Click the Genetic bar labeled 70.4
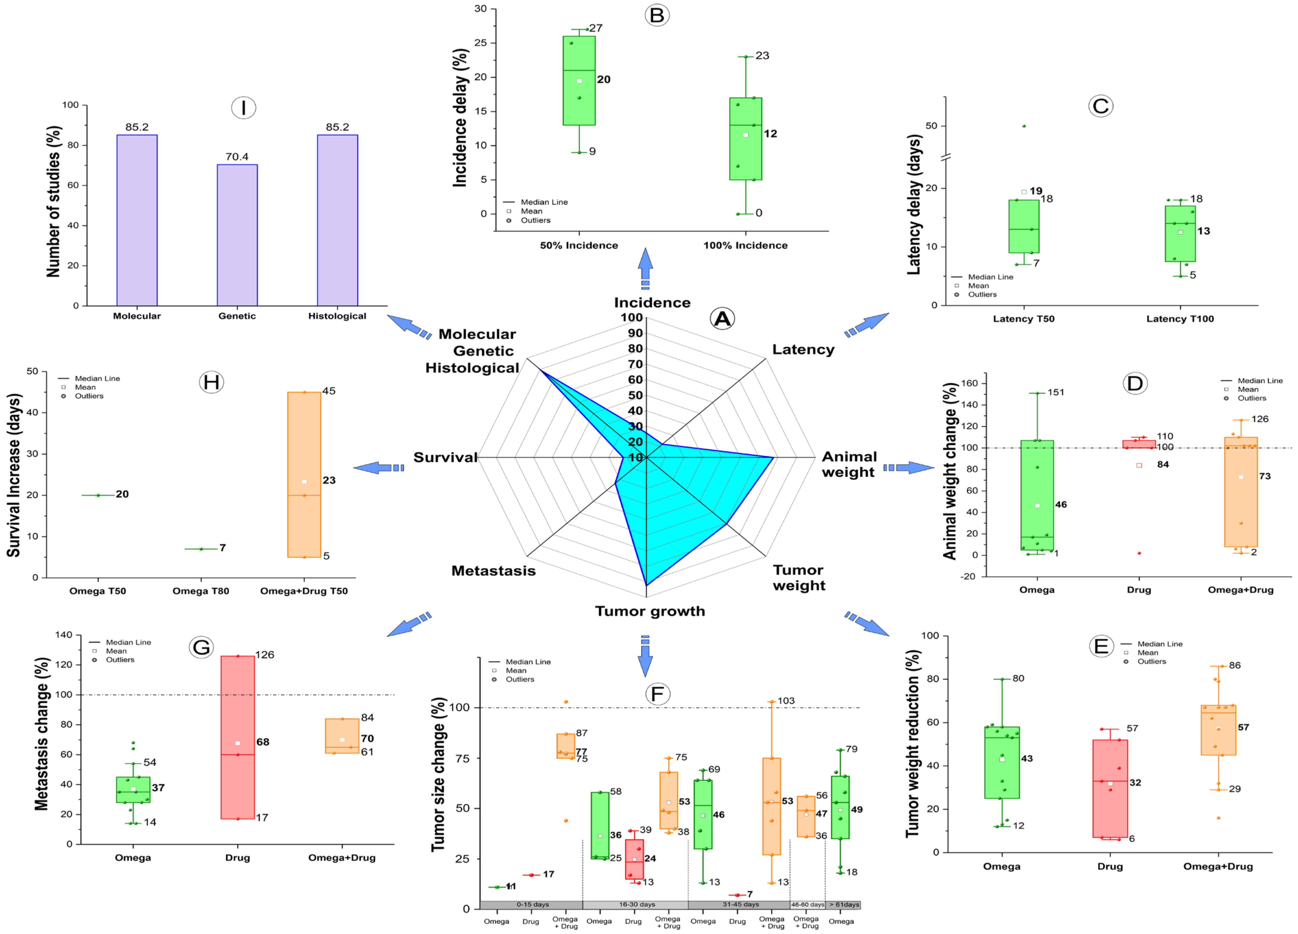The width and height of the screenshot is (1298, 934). pos(237,235)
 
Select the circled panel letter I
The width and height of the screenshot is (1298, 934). pos(243,108)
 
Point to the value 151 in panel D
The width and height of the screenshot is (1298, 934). pos(1056,392)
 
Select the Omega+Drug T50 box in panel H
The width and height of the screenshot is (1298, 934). pos(304,474)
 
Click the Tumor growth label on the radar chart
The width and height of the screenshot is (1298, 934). pos(650,611)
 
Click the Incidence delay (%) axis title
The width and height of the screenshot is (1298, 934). pos(460,117)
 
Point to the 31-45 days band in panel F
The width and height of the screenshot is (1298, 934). pos(740,905)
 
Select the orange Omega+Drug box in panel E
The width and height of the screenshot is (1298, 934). pos(1218,730)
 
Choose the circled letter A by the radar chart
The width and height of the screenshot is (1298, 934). pos(722,318)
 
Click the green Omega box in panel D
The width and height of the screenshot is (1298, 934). pos(1037,495)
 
